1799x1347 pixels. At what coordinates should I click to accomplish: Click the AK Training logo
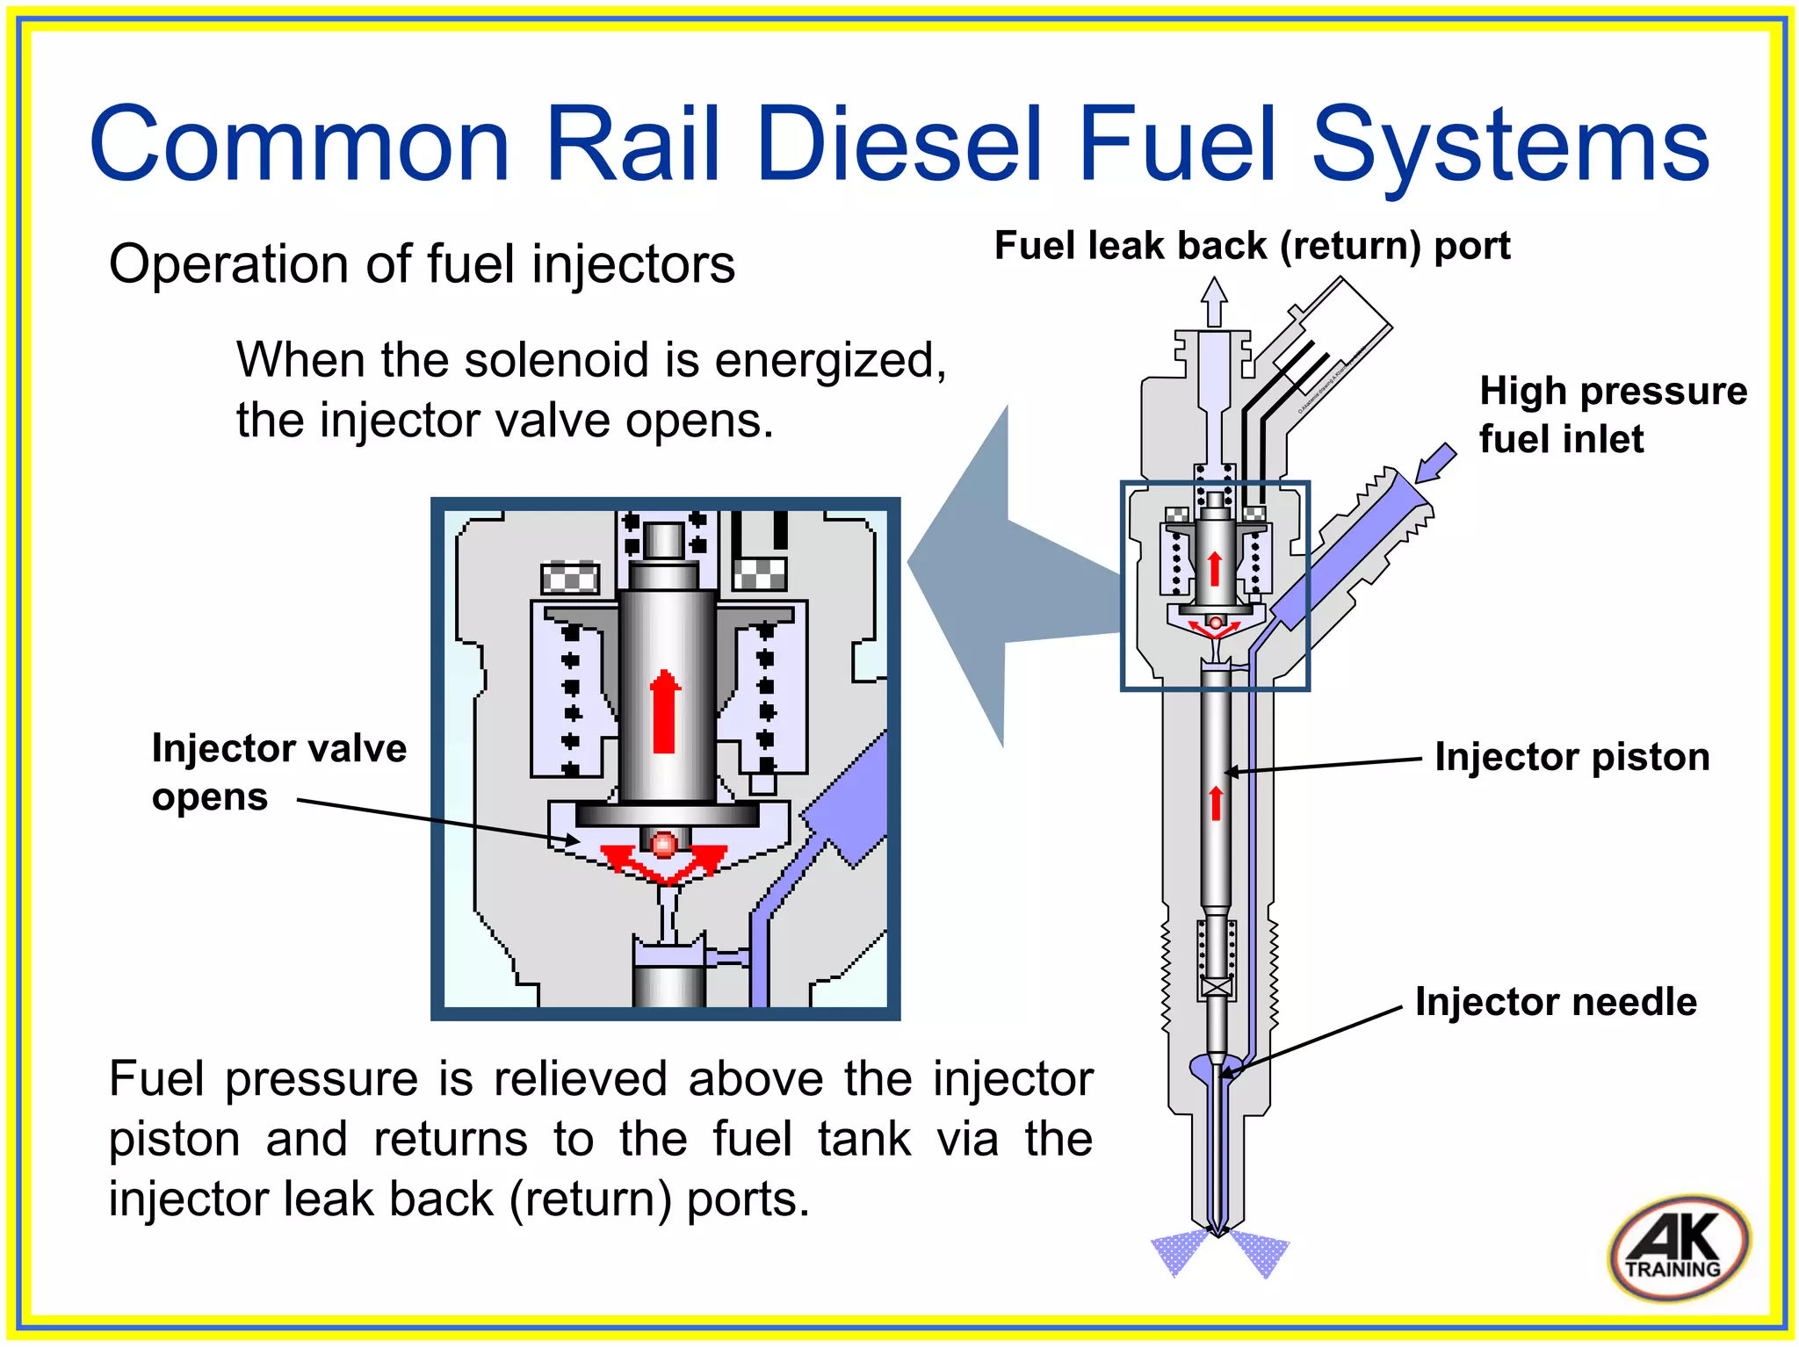(1679, 1247)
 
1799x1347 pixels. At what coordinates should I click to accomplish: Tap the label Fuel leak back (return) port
(1252, 246)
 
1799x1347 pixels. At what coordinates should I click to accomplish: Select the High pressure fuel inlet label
(1612, 414)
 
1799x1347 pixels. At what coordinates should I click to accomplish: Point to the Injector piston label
(1571, 757)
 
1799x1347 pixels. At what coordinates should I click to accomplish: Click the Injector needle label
(1555, 1002)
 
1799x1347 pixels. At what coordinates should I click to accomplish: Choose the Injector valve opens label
(278, 772)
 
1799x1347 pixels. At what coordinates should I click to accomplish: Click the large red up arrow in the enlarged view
(665, 711)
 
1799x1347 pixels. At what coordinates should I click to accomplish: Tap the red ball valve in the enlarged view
(664, 844)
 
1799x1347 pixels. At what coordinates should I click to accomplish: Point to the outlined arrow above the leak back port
(1214, 301)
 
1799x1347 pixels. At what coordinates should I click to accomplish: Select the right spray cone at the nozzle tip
(1261, 1252)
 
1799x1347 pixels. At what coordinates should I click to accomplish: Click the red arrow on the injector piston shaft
(1216, 803)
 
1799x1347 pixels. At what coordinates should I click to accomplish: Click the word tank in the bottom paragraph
(864, 1139)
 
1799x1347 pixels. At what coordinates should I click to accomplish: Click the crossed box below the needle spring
(1217, 987)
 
